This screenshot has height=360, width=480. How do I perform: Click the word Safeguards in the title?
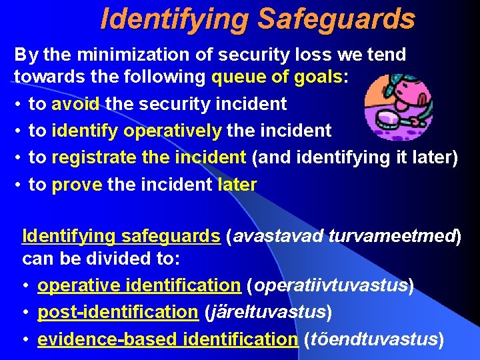point(335,19)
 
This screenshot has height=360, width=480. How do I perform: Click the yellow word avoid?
point(75,104)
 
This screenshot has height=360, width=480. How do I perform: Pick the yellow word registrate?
point(93,157)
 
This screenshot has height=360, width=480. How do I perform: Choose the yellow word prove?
point(77,184)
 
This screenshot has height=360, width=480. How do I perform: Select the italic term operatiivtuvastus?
point(330,285)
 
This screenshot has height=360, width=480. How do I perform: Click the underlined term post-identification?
point(118,312)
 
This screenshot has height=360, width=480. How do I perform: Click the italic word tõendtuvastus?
point(373,339)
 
